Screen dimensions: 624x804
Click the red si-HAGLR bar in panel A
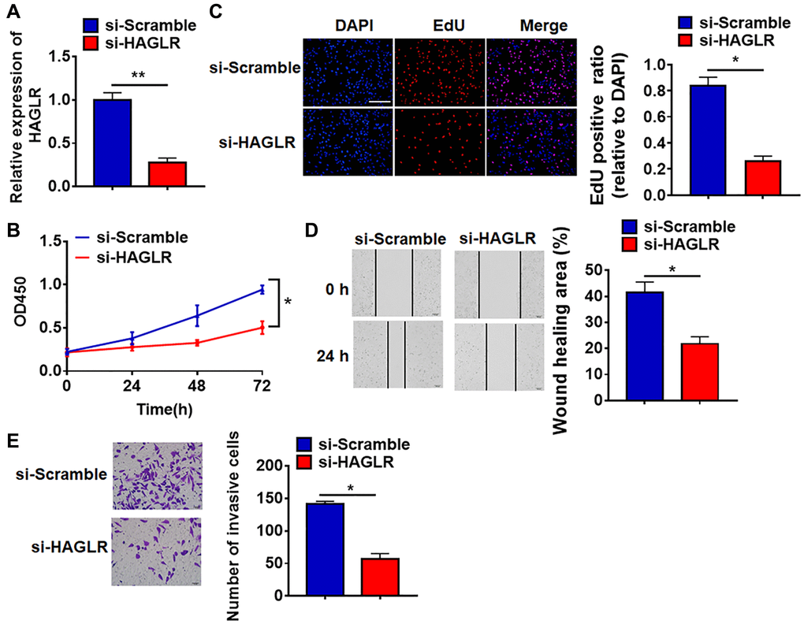[166, 173]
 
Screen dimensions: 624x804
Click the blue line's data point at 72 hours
[262, 290]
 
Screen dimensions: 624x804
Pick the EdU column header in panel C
[439, 27]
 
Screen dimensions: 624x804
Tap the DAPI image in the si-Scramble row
[348, 72]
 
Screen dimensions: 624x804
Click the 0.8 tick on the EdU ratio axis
[660, 90]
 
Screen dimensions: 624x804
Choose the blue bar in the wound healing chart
[645, 346]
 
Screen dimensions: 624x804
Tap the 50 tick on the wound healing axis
[606, 270]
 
